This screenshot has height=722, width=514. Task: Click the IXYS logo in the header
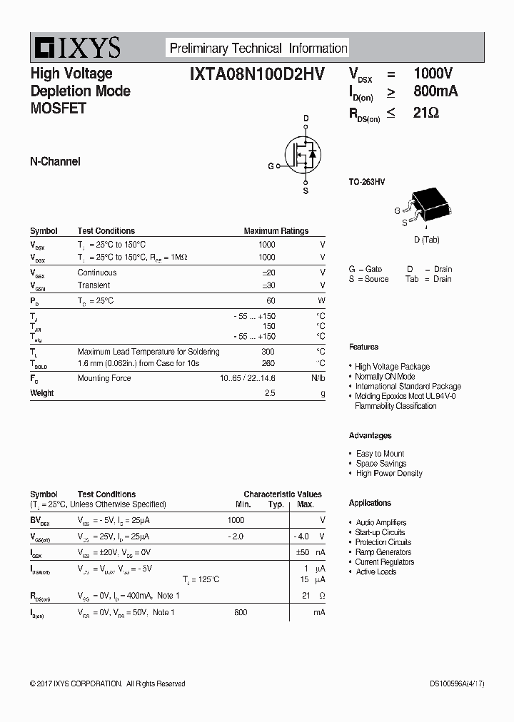(x=76, y=48)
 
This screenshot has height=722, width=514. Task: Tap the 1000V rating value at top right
(x=433, y=73)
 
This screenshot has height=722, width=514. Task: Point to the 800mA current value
(x=435, y=92)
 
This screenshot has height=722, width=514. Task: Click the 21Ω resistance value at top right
(x=426, y=113)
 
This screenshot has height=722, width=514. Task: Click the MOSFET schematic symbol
(x=303, y=153)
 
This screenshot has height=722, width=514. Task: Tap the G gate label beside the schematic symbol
(x=271, y=166)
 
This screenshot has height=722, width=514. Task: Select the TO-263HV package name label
(x=367, y=183)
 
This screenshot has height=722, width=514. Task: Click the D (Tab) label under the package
(x=427, y=240)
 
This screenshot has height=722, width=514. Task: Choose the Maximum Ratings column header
(x=276, y=231)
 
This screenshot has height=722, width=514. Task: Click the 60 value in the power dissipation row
(x=271, y=301)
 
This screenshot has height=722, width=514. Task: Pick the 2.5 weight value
(x=270, y=393)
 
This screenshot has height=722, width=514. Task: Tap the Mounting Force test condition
(x=104, y=378)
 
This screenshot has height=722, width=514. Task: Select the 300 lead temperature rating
(x=268, y=352)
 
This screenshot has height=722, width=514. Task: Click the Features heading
(x=363, y=347)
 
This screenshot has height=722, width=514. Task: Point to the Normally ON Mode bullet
(x=385, y=377)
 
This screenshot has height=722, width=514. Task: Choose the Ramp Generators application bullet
(x=383, y=552)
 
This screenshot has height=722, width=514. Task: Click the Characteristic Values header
(x=282, y=494)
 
